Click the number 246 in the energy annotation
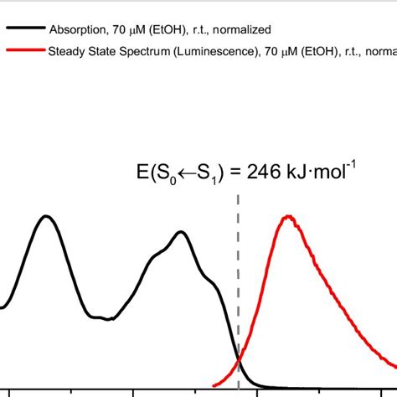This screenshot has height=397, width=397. [x=260, y=174]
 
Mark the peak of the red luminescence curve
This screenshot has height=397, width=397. [x=289, y=216]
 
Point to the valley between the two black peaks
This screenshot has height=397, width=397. [x=105, y=318]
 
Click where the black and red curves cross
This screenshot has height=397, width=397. [x=240, y=358]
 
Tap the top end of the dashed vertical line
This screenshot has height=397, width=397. [x=239, y=196]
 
